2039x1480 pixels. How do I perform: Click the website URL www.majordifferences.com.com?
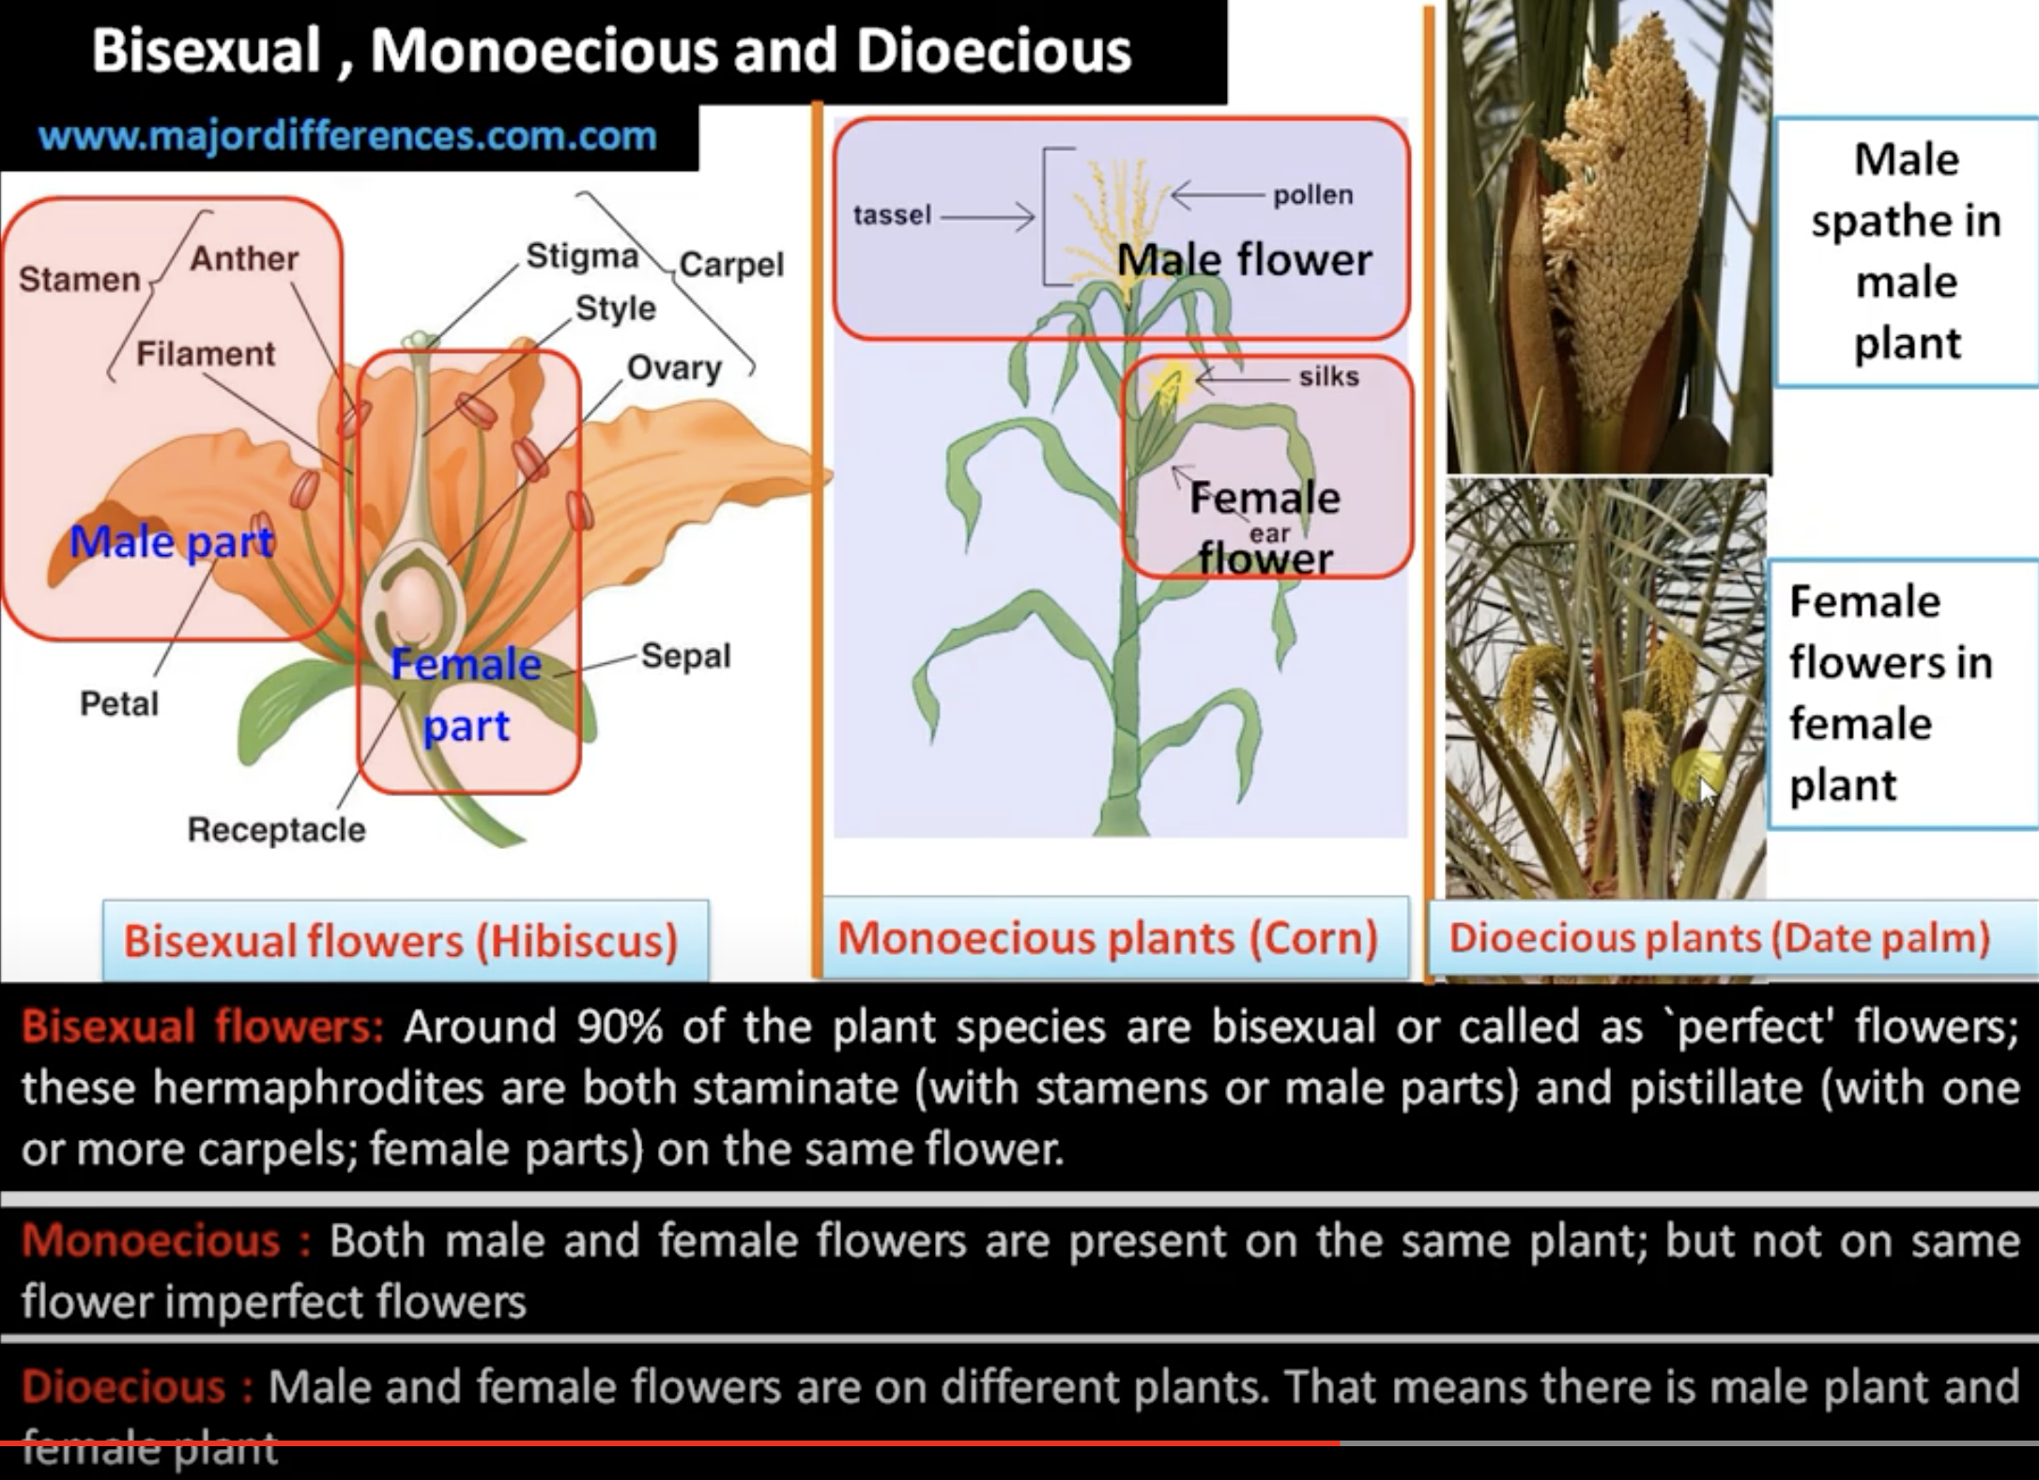[x=347, y=136]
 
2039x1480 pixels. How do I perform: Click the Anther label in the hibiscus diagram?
[x=244, y=258]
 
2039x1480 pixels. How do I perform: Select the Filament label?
[x=206, y=354]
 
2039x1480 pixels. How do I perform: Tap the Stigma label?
[x=582, y=255]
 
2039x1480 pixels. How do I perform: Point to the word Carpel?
[x=731, y=265]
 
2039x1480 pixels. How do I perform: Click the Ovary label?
[x=674, y=368]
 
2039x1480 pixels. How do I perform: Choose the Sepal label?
[x=685, y=655]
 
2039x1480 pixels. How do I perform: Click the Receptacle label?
[x=276, y=830]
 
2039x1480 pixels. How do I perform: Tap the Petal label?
[x=119, y=703]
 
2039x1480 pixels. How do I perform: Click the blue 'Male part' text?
[x=172, y=542]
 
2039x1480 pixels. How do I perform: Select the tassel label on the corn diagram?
[x=892, y=215]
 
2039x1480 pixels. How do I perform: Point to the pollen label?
[x=1312, y=195]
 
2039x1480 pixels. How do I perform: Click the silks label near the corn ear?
[x=1328, y=377]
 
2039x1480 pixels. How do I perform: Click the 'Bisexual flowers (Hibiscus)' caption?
[x=402, y=941]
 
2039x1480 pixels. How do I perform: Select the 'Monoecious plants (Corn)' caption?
[x=1108, y=938]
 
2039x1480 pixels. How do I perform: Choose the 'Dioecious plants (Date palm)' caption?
[x=1720, y=938]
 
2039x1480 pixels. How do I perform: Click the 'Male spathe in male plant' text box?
[x=1906, y=251]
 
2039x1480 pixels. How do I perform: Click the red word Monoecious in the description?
[x=151, y=1241]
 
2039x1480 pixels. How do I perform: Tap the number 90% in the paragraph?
[x=619, y=1026]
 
